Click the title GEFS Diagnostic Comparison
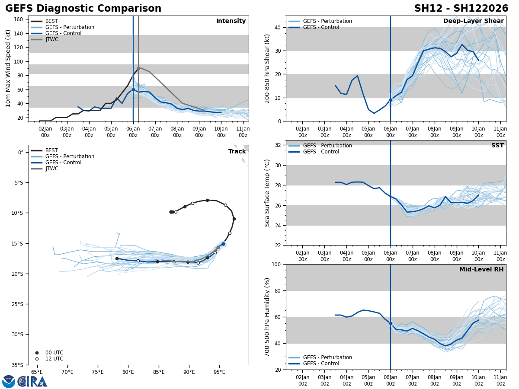[x=83, y=9]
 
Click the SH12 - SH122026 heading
[x=461, y=9]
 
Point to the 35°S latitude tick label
[x=17, y=365]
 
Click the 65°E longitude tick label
[x=37, y=372]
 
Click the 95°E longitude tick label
[x=219, y=372]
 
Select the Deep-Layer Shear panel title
[x=473, y=21]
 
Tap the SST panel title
[x=497, y=146]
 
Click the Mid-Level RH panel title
[x=481, y=270]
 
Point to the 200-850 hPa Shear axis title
[x=267, y=68]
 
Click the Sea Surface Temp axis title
[x=267, y=193]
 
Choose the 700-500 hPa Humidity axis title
[x=267, y=317]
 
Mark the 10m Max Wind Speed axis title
[x=8, y=68]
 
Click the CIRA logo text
[x=32, y=381]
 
